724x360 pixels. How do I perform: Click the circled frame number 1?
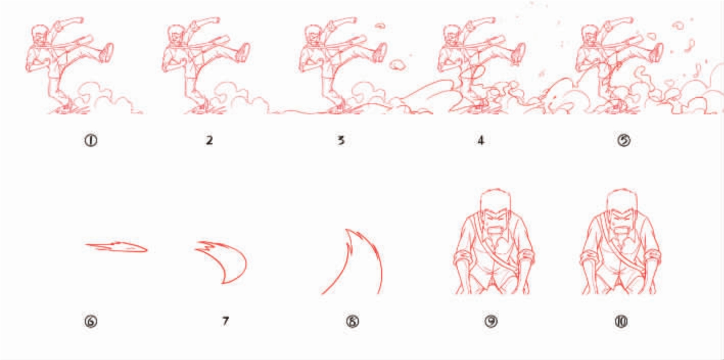pyautogui.click(x=91, y=140)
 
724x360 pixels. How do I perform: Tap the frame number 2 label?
pyautogui.click(x=209, y=140)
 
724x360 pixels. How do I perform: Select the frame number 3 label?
pyautogui.click(x=341, y=140)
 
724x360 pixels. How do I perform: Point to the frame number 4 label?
pyautogui.click(x=481, y=140)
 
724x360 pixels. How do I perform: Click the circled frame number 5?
pyautogui.click(x=624, y=140)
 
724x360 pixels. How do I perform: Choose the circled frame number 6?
pyautogui.click(x=91, y=321)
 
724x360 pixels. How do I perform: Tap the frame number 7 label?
pyautogui.click(x=225, y=321)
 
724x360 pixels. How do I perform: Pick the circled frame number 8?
pyautogui.click(x=353, y=321)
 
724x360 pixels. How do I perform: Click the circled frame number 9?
pyautogui.click(x=491, y=321)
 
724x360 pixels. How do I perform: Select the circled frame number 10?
pyautogui.click(x=621, y=321)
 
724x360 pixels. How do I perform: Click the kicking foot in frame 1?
pyautogui.click(x=107, y=53)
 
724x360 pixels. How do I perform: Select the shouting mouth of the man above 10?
pyautogui.click(x=621, y=230)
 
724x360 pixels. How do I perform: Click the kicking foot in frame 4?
pyautogui.click(x=519, y=53)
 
